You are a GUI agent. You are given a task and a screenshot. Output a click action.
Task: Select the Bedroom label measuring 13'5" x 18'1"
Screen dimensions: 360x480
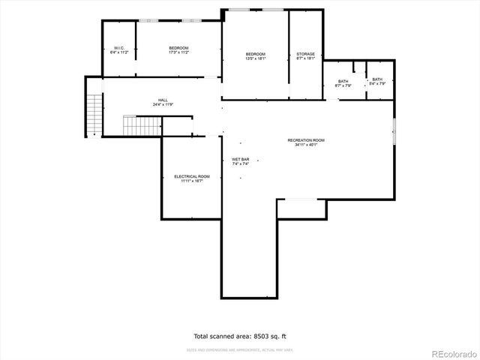tap(256, 54)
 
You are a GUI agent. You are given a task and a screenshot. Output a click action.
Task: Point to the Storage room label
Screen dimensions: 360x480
tap(305, 54)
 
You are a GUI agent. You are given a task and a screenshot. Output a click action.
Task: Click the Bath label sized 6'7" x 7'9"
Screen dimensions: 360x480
tap(343, 80)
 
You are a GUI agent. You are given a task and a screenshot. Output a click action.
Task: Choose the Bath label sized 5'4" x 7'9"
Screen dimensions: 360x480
tap(376, 79)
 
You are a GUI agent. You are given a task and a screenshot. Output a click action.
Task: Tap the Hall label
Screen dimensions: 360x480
tap(163, 100)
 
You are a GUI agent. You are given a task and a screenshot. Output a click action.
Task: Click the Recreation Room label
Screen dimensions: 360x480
tap(306, 140)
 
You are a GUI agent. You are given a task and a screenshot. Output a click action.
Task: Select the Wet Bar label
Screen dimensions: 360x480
tap(240, 159)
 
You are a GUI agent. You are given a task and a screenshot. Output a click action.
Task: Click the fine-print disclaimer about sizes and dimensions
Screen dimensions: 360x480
tap(239, 349)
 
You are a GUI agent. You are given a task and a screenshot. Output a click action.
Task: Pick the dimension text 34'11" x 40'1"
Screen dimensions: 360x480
tap(306, 145)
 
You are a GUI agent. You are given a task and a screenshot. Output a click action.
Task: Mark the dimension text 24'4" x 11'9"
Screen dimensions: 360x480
tap(163, 105)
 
